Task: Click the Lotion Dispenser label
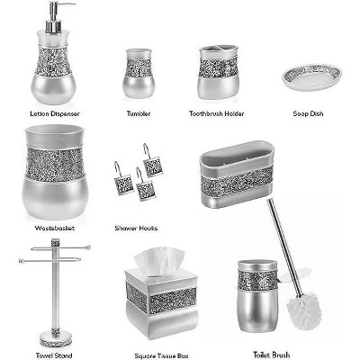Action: [x=52, y=114]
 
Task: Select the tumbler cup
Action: [x=138, y=73]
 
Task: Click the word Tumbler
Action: [x=139, y=114]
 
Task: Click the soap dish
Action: [x=310, y=77]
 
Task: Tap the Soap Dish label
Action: [x=310, y=114]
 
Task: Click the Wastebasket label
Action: [x=53, y=229]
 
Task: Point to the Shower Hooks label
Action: [x=137, y=229]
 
